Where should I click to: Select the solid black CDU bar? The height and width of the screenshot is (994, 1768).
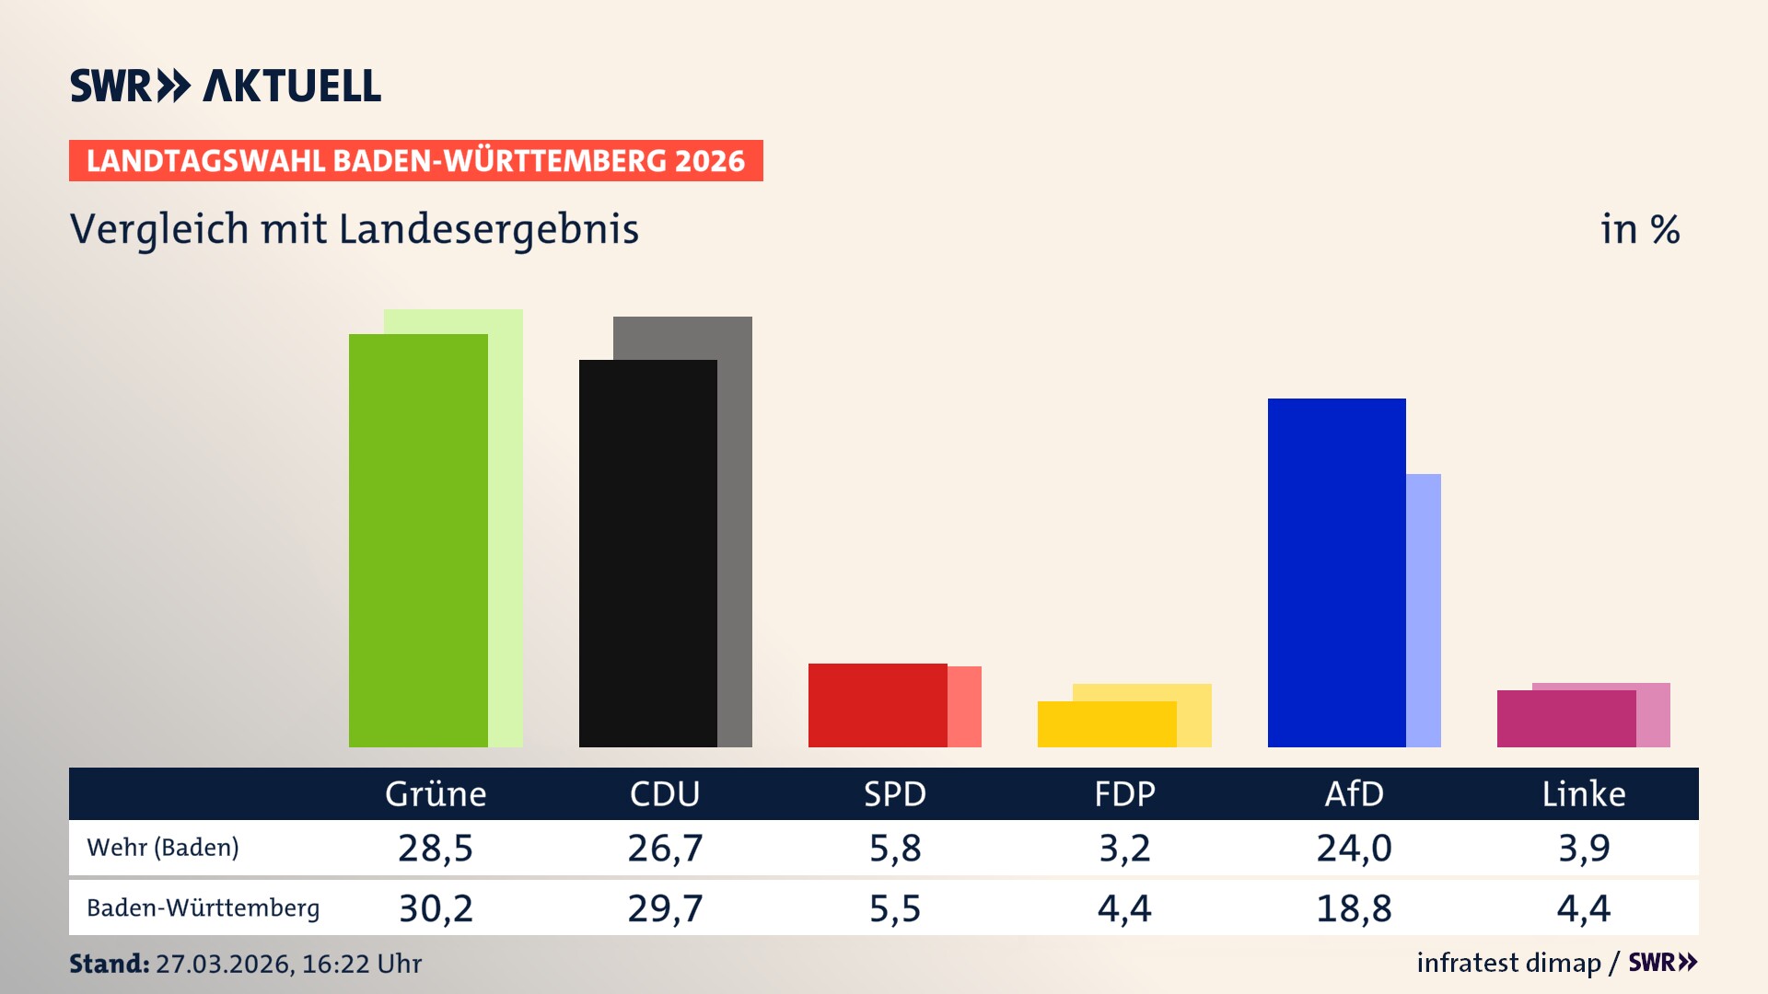647,553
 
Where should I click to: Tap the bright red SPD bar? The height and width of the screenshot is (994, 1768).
877,705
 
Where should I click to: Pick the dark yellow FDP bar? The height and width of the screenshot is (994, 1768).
1106,724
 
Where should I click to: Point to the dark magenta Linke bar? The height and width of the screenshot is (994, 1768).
1565,719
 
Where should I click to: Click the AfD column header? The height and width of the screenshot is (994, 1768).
1354,793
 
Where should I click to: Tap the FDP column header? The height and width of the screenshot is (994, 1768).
1124,793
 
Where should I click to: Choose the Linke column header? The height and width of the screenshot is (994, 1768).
1584,793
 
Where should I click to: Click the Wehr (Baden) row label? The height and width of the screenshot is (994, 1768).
163,847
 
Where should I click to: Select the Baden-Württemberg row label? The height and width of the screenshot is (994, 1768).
203,907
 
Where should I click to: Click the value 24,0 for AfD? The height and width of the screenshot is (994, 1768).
1354,848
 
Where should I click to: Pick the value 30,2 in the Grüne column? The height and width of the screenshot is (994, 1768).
436,908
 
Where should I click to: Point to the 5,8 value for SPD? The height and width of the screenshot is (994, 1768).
895,848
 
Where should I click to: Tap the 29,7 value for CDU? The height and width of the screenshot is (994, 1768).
665,908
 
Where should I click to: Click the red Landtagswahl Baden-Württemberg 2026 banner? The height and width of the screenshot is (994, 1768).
415,160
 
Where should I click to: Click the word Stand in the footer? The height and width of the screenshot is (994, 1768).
109,964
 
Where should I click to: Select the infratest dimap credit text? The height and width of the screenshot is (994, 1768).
1508,963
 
